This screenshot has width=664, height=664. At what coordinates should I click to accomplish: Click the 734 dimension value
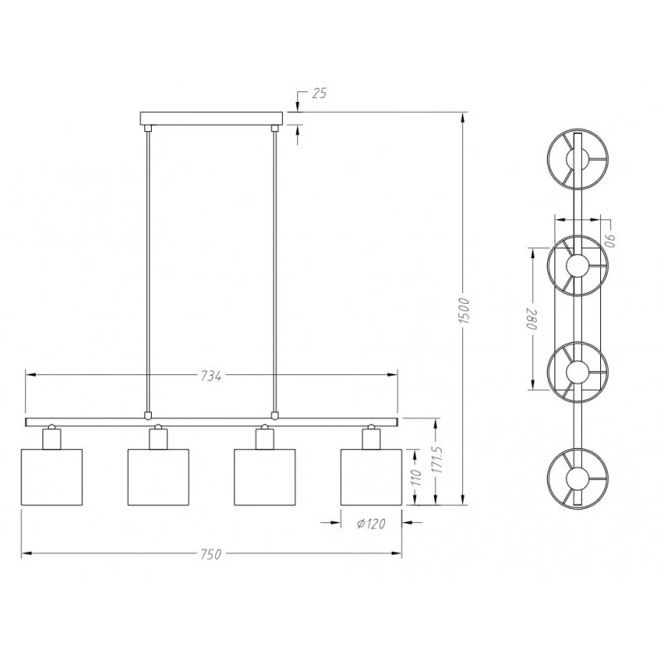coord(211,376)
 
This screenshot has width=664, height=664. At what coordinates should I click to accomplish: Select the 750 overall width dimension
coord(211,554)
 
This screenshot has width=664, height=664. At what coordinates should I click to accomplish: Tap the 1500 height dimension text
coord(465,311)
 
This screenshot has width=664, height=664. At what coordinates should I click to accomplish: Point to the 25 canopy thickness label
coord(320,93)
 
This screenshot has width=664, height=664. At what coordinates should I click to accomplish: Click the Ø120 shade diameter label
coord(371,524)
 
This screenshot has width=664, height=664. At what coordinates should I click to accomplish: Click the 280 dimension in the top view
coord(531,320)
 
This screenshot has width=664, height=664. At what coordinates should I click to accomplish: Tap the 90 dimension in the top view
coord(609,241)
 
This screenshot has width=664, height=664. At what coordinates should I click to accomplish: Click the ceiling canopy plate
coord(212,119)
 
